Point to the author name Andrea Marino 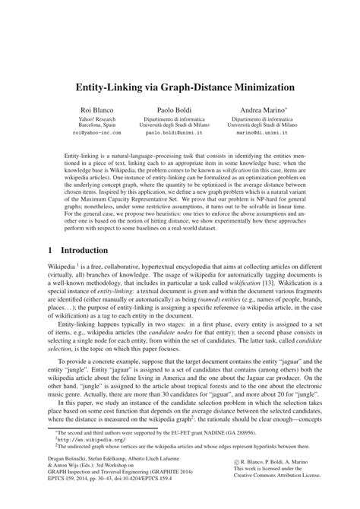[261, 111]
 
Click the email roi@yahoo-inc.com [96, 132]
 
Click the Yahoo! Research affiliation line [96, 119]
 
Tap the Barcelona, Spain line [96, 125]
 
